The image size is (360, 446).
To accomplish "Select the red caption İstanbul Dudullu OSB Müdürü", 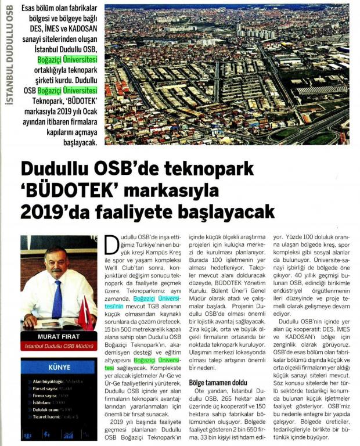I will pos(59,347).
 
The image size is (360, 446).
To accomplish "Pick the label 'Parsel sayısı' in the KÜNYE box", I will pos(41,389).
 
